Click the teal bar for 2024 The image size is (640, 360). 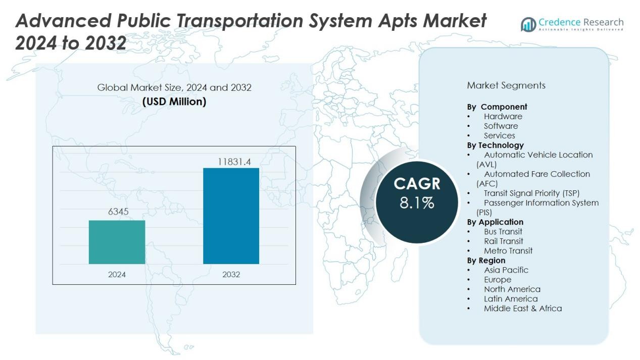click(x=117, y=242)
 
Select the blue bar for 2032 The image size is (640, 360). click(x=231, y=216)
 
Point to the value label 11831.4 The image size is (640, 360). click(x=234, y=162)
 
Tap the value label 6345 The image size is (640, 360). click(x=118, y=212)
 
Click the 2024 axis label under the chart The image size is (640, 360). click(x=117, y=275)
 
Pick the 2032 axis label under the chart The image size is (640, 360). click(x=231, y=275)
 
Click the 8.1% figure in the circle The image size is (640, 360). click(x=417, y=203)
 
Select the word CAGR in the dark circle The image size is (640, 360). click(x=417, y=184)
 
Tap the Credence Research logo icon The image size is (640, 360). click(x=528, y=24)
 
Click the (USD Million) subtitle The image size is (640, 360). click(x=174, y=101)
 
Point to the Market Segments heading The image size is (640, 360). click(x=506, y=85)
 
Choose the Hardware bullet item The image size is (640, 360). click(x=503, y=116)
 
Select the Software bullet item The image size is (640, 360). click(x=501, y=126)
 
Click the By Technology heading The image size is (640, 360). click(x=496, y=145)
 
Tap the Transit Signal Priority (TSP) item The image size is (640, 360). click(x=531, y=193)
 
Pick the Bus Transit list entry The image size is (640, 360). click(x=503, y=231)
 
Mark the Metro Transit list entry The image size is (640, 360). click(x=508, y=250)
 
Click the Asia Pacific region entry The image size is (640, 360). click(x=506, y=270)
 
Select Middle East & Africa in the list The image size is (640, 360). click(x=523, y=308)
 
